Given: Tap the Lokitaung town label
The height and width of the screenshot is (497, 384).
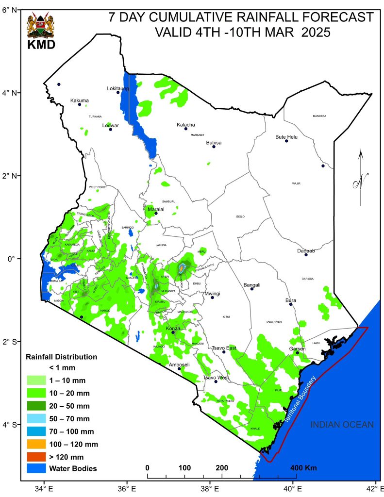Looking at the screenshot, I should [x=118, y=88].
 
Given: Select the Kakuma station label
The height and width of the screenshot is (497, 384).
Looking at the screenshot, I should [x=80, y=100].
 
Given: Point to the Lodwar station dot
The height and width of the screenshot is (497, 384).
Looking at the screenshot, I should [x=111, y=129].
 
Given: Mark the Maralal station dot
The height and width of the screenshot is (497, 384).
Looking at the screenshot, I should [x=156, y=213].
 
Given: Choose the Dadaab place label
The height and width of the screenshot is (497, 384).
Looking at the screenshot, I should [x=306, y=250].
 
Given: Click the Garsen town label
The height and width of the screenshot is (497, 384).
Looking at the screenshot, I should [x=297, y=348].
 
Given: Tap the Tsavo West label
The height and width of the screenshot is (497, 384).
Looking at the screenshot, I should [x=216, y=377].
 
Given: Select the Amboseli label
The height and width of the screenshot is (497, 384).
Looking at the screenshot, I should [x=179, y=364].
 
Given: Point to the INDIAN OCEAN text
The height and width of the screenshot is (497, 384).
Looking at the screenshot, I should [x=342, y=425].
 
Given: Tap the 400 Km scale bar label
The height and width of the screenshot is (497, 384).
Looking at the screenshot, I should [x=304, y=468].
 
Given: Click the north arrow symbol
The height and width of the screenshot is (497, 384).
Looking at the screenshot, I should [x=361, y=178].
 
